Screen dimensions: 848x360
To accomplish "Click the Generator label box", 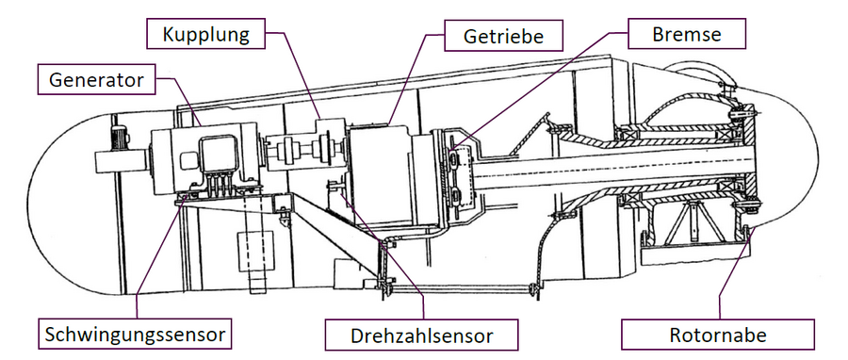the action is click(x=96, y=79).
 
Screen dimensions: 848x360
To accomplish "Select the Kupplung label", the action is click(x=206, y=34).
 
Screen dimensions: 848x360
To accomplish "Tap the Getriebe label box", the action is click(x=503, y=36).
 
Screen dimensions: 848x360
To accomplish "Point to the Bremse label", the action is click(x=687, y=34).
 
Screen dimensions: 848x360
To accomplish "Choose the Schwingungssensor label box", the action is click(x=135, y=334).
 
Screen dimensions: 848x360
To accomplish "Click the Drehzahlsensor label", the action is click(x=421, y=335).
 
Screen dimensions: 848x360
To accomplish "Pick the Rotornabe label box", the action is click(x=718, y=335).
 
